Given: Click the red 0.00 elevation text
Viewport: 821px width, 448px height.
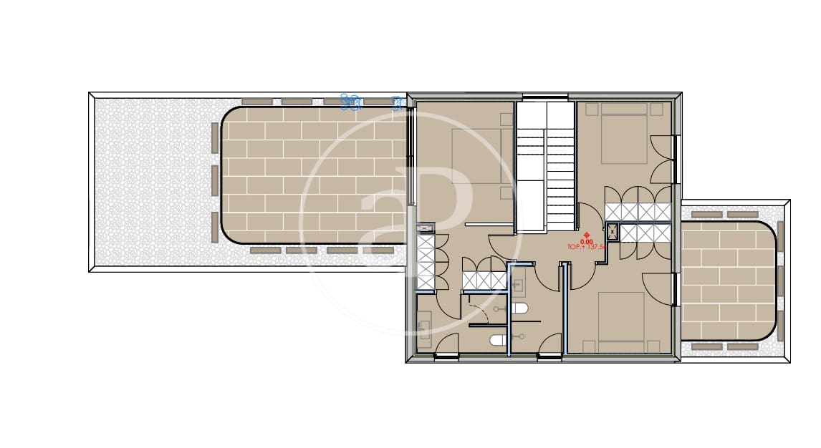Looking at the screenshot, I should (x=587, y=241).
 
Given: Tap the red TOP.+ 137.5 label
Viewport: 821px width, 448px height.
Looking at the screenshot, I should (x=587, y=247).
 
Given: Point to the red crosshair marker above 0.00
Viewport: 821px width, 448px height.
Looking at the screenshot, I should (x=587, y=235).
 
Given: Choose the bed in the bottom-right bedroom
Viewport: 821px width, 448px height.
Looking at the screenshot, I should (x=621, y=321).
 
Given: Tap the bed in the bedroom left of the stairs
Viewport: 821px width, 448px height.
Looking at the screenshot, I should (x=476, y=156).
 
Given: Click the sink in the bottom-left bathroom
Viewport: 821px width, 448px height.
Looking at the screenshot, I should (x=424, y=328).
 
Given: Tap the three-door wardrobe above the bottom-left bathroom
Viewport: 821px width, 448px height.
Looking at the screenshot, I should (x=484, y=280).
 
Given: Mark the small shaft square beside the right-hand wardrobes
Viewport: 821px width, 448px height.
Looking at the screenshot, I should (x=613, y=230).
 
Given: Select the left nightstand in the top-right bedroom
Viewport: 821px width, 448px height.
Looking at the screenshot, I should (x=592, y=109).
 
